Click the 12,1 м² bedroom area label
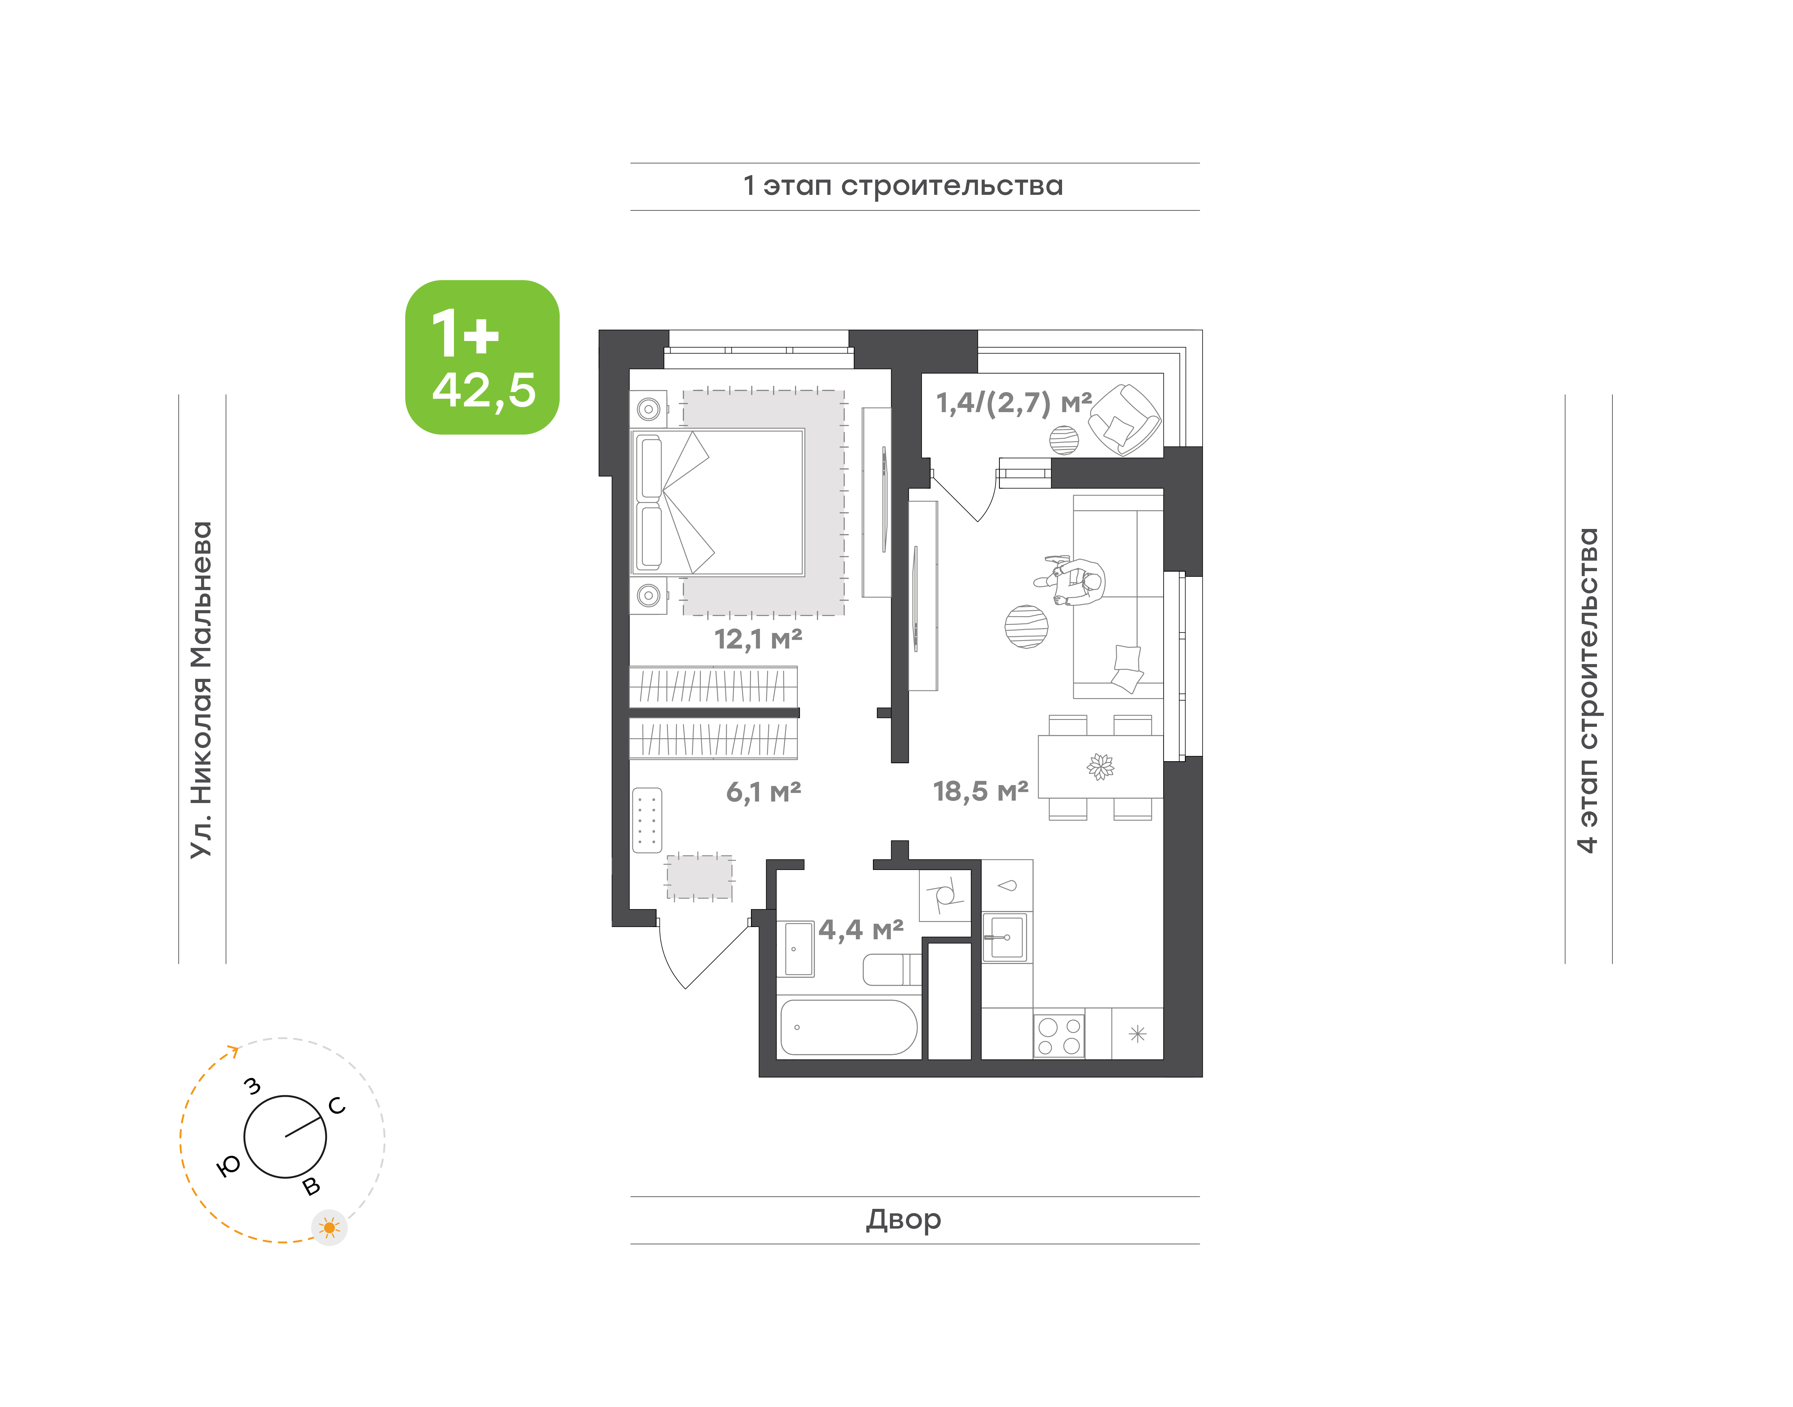(758, 639)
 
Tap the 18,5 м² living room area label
(980, 792)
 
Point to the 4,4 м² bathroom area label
(861, 930)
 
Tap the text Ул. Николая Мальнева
(202, 690)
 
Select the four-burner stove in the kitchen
(1059, 1036)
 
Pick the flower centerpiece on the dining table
(1100, 767)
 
